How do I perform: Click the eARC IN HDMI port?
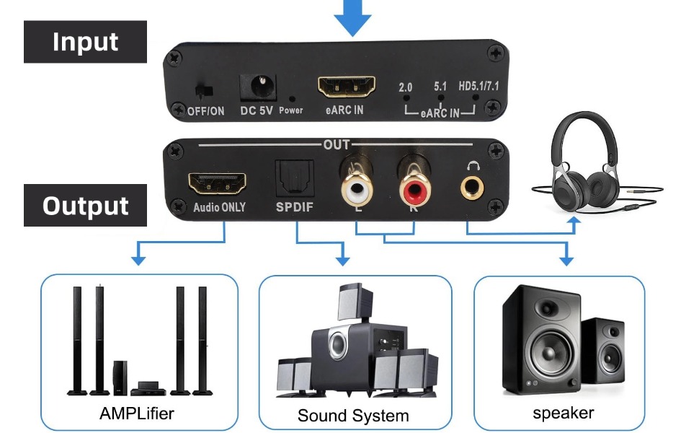tap(347, 87)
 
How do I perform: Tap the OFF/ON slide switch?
tap(204, 91)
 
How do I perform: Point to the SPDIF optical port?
tap(294, 178)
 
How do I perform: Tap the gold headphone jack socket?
tap(472, 188)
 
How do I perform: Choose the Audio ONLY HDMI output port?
tap(217, 183)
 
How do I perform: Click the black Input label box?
tap(85, 42)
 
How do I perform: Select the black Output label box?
tap(85, 206)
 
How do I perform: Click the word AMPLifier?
tap(136, 414)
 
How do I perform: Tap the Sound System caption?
tap(353, 416)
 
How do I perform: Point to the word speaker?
tap(564, 413)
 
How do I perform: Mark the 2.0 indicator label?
tap(405, 87)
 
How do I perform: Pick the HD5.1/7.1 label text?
tap(478, 86)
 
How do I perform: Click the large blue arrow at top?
tap(352, 18)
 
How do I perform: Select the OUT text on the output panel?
tap(337, 144)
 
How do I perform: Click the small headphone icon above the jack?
tap(473, 166)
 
